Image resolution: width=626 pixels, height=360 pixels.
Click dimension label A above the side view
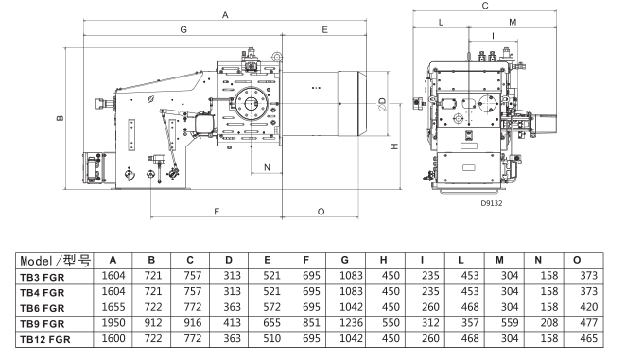[x=225, y=15]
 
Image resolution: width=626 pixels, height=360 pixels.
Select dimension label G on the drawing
[x=183, y=29]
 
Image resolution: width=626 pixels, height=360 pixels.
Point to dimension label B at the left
[x=60, y=118]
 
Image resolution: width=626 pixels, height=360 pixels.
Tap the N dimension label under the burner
[x=267, y=167]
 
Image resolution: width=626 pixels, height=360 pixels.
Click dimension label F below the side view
[x=217, y=212]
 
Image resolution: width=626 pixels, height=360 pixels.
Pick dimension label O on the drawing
[x=321, y=212]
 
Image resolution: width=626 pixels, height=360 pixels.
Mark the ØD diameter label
[x=382, y=104]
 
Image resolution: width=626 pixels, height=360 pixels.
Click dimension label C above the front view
[x=485, y=6]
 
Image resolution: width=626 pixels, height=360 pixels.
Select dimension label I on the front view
[x=493, y=36]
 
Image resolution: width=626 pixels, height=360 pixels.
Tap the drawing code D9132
[x=492, y=203]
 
